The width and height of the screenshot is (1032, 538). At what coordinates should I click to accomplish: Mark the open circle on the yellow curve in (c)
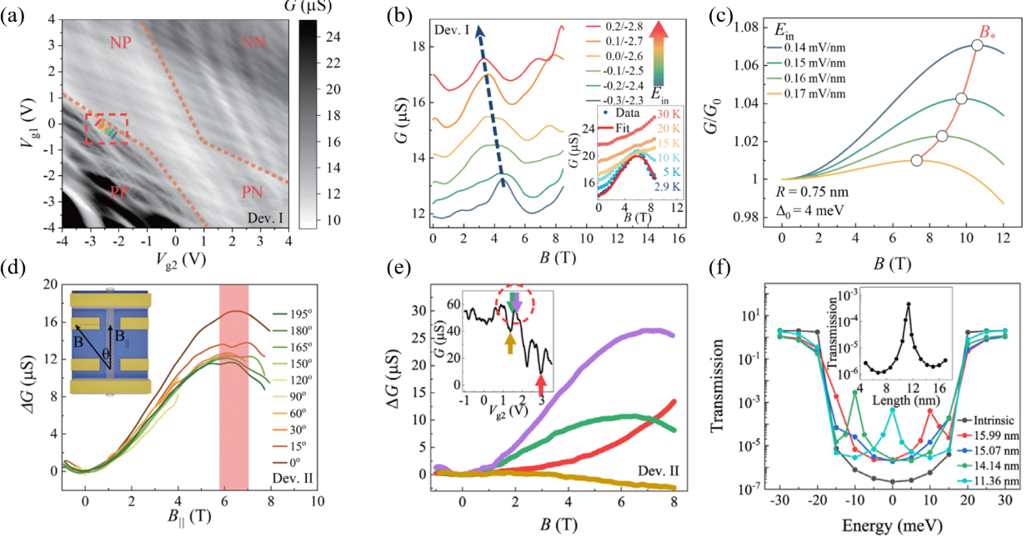click(917, 160)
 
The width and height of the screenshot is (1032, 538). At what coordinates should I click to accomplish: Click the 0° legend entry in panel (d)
click(292, 459)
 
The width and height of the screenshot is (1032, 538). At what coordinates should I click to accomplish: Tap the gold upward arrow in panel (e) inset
click(509, 341)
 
